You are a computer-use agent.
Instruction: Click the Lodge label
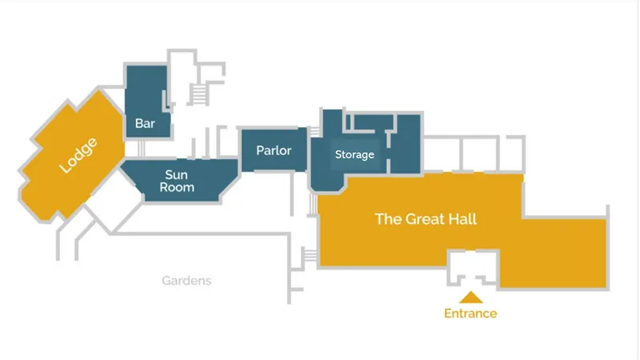[78, 155]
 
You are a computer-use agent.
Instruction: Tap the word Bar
[145, 123]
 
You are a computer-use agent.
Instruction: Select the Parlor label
[274, 150]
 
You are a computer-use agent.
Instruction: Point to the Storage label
[354, 154]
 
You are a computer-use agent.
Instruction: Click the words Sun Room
[177, 181]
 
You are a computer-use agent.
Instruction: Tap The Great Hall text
[426, 218]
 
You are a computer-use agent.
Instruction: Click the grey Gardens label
[186, 281]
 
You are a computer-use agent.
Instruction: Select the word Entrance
[470, 314]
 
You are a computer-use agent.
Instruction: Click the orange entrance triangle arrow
[471, 298]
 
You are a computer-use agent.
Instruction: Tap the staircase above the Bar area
[199, 94]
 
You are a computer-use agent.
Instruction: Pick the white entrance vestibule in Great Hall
[473, 267]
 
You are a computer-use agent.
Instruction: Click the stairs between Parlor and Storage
[314, 132]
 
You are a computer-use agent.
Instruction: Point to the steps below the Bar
[141, 149]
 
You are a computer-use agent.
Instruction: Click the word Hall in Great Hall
[462, 218]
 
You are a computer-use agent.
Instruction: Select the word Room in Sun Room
[177, 187]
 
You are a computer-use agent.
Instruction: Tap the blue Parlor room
[274, 150]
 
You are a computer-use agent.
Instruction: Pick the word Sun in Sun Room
[176, 174]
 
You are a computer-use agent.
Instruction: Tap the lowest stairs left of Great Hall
[310, 254]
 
